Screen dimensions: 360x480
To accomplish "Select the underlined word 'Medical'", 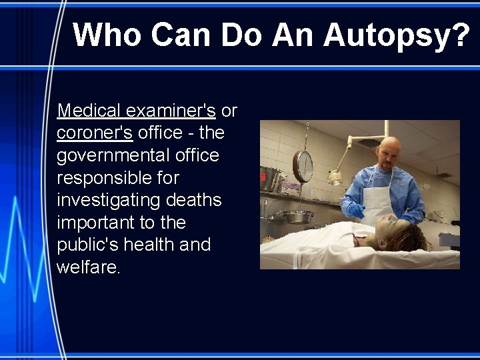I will point(89,110).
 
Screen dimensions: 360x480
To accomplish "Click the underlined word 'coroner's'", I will point(95,133).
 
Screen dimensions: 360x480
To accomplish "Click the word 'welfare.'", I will point(89,268).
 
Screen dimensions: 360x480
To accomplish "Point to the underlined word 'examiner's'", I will point(171,110).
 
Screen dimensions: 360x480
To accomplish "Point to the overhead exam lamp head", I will point(335,177).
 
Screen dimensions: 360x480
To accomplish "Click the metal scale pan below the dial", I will point(298,216).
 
